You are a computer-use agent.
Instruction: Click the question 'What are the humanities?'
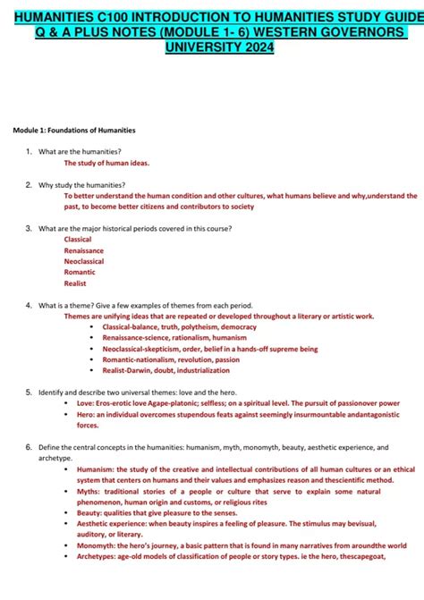[x=81, y=152]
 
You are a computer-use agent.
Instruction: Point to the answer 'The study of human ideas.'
[x=106, y=164]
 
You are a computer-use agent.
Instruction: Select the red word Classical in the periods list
[x=78, y=240]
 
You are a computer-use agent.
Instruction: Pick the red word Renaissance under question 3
[x=84, y=250]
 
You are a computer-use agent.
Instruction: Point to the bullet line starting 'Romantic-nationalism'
[x=171, y=359]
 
